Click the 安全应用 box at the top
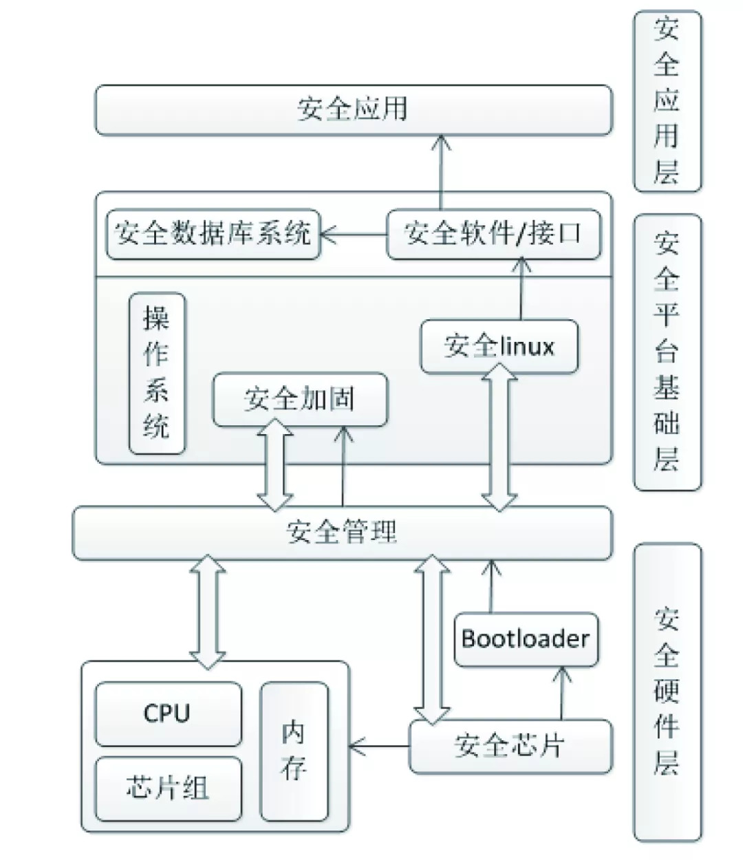tap(353, 110)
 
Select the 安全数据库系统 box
tap(213, 234)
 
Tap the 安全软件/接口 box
tap(493, 234)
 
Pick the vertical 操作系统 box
tap(158, 374)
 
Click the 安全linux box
tap(499, 346)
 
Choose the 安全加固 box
tap(300, 400)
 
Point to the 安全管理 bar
tap(342, 533)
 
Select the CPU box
tap(168, 713)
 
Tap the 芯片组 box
tap(168, 788)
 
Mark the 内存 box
tap(293, 751)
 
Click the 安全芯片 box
tap(510, 746)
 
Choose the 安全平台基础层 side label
tap(667, 352)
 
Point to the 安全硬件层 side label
tap(667, 691)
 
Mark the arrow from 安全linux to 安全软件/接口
tap(522, 289)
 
